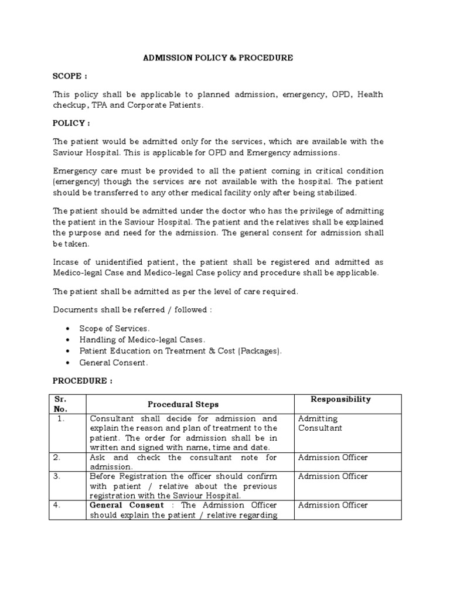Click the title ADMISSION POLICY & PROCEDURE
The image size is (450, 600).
pos(218,59)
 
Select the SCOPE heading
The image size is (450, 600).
pos(70,77)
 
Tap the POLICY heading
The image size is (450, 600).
pos(71,124)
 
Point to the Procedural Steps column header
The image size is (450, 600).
pos(183,404)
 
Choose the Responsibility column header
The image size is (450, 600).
pos(340,399)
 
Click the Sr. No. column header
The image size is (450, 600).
pos(60,404)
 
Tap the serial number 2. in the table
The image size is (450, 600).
pos(57,457)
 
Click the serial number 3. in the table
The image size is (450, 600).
pos(57,476)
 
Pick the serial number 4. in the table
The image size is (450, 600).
pos(57,505)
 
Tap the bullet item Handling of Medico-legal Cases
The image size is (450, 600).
pos(142,340)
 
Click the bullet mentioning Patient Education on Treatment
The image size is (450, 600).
pos(180,351)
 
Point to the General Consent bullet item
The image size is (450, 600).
pos(114,363)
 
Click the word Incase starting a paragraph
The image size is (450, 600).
pos(66,262)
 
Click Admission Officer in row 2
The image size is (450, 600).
pos(333,457)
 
